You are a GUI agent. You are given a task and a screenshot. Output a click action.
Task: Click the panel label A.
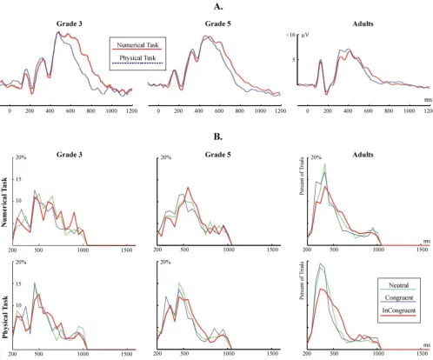(x=218, y=6)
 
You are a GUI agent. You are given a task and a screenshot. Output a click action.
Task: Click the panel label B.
(x=218, y=137)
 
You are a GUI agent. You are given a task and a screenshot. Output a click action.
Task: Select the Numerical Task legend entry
(x=137, y=45)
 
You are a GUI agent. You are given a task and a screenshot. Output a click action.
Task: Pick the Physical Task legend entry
(x=137, y=58)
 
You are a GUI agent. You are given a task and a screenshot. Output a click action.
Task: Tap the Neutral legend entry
(x=399, y=285)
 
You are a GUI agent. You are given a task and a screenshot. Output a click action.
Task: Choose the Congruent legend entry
(x=399, y=297)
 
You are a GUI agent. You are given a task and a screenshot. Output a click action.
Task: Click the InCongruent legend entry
(x=399, y=310)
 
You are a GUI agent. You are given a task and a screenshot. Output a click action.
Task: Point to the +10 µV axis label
(x=297, y=35)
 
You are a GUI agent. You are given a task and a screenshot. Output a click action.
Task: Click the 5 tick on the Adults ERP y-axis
(x=293, y=60)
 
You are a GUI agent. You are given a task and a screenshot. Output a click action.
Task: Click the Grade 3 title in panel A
(x=70, y=23)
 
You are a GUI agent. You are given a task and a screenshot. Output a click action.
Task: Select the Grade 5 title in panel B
(x=218, y=155)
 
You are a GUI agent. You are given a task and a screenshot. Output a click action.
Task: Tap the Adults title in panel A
(x=363, y=23)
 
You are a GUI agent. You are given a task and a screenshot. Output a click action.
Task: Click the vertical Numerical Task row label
(x=4, y=202)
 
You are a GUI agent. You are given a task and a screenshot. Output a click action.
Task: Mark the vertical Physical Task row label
(x=5, y=317)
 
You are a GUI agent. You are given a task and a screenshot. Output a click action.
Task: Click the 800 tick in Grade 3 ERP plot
(x=90, y=110)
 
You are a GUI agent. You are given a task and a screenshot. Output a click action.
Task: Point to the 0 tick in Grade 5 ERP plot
(x=158, y=110)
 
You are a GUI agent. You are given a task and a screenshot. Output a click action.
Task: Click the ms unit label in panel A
(x=428, y=99)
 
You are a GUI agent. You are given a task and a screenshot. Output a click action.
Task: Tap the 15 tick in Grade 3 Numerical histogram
(x=18, y=179)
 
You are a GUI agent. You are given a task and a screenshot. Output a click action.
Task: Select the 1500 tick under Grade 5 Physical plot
(x=272, y=353)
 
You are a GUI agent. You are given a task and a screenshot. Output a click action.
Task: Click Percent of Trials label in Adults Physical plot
(x=302, y=281)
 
